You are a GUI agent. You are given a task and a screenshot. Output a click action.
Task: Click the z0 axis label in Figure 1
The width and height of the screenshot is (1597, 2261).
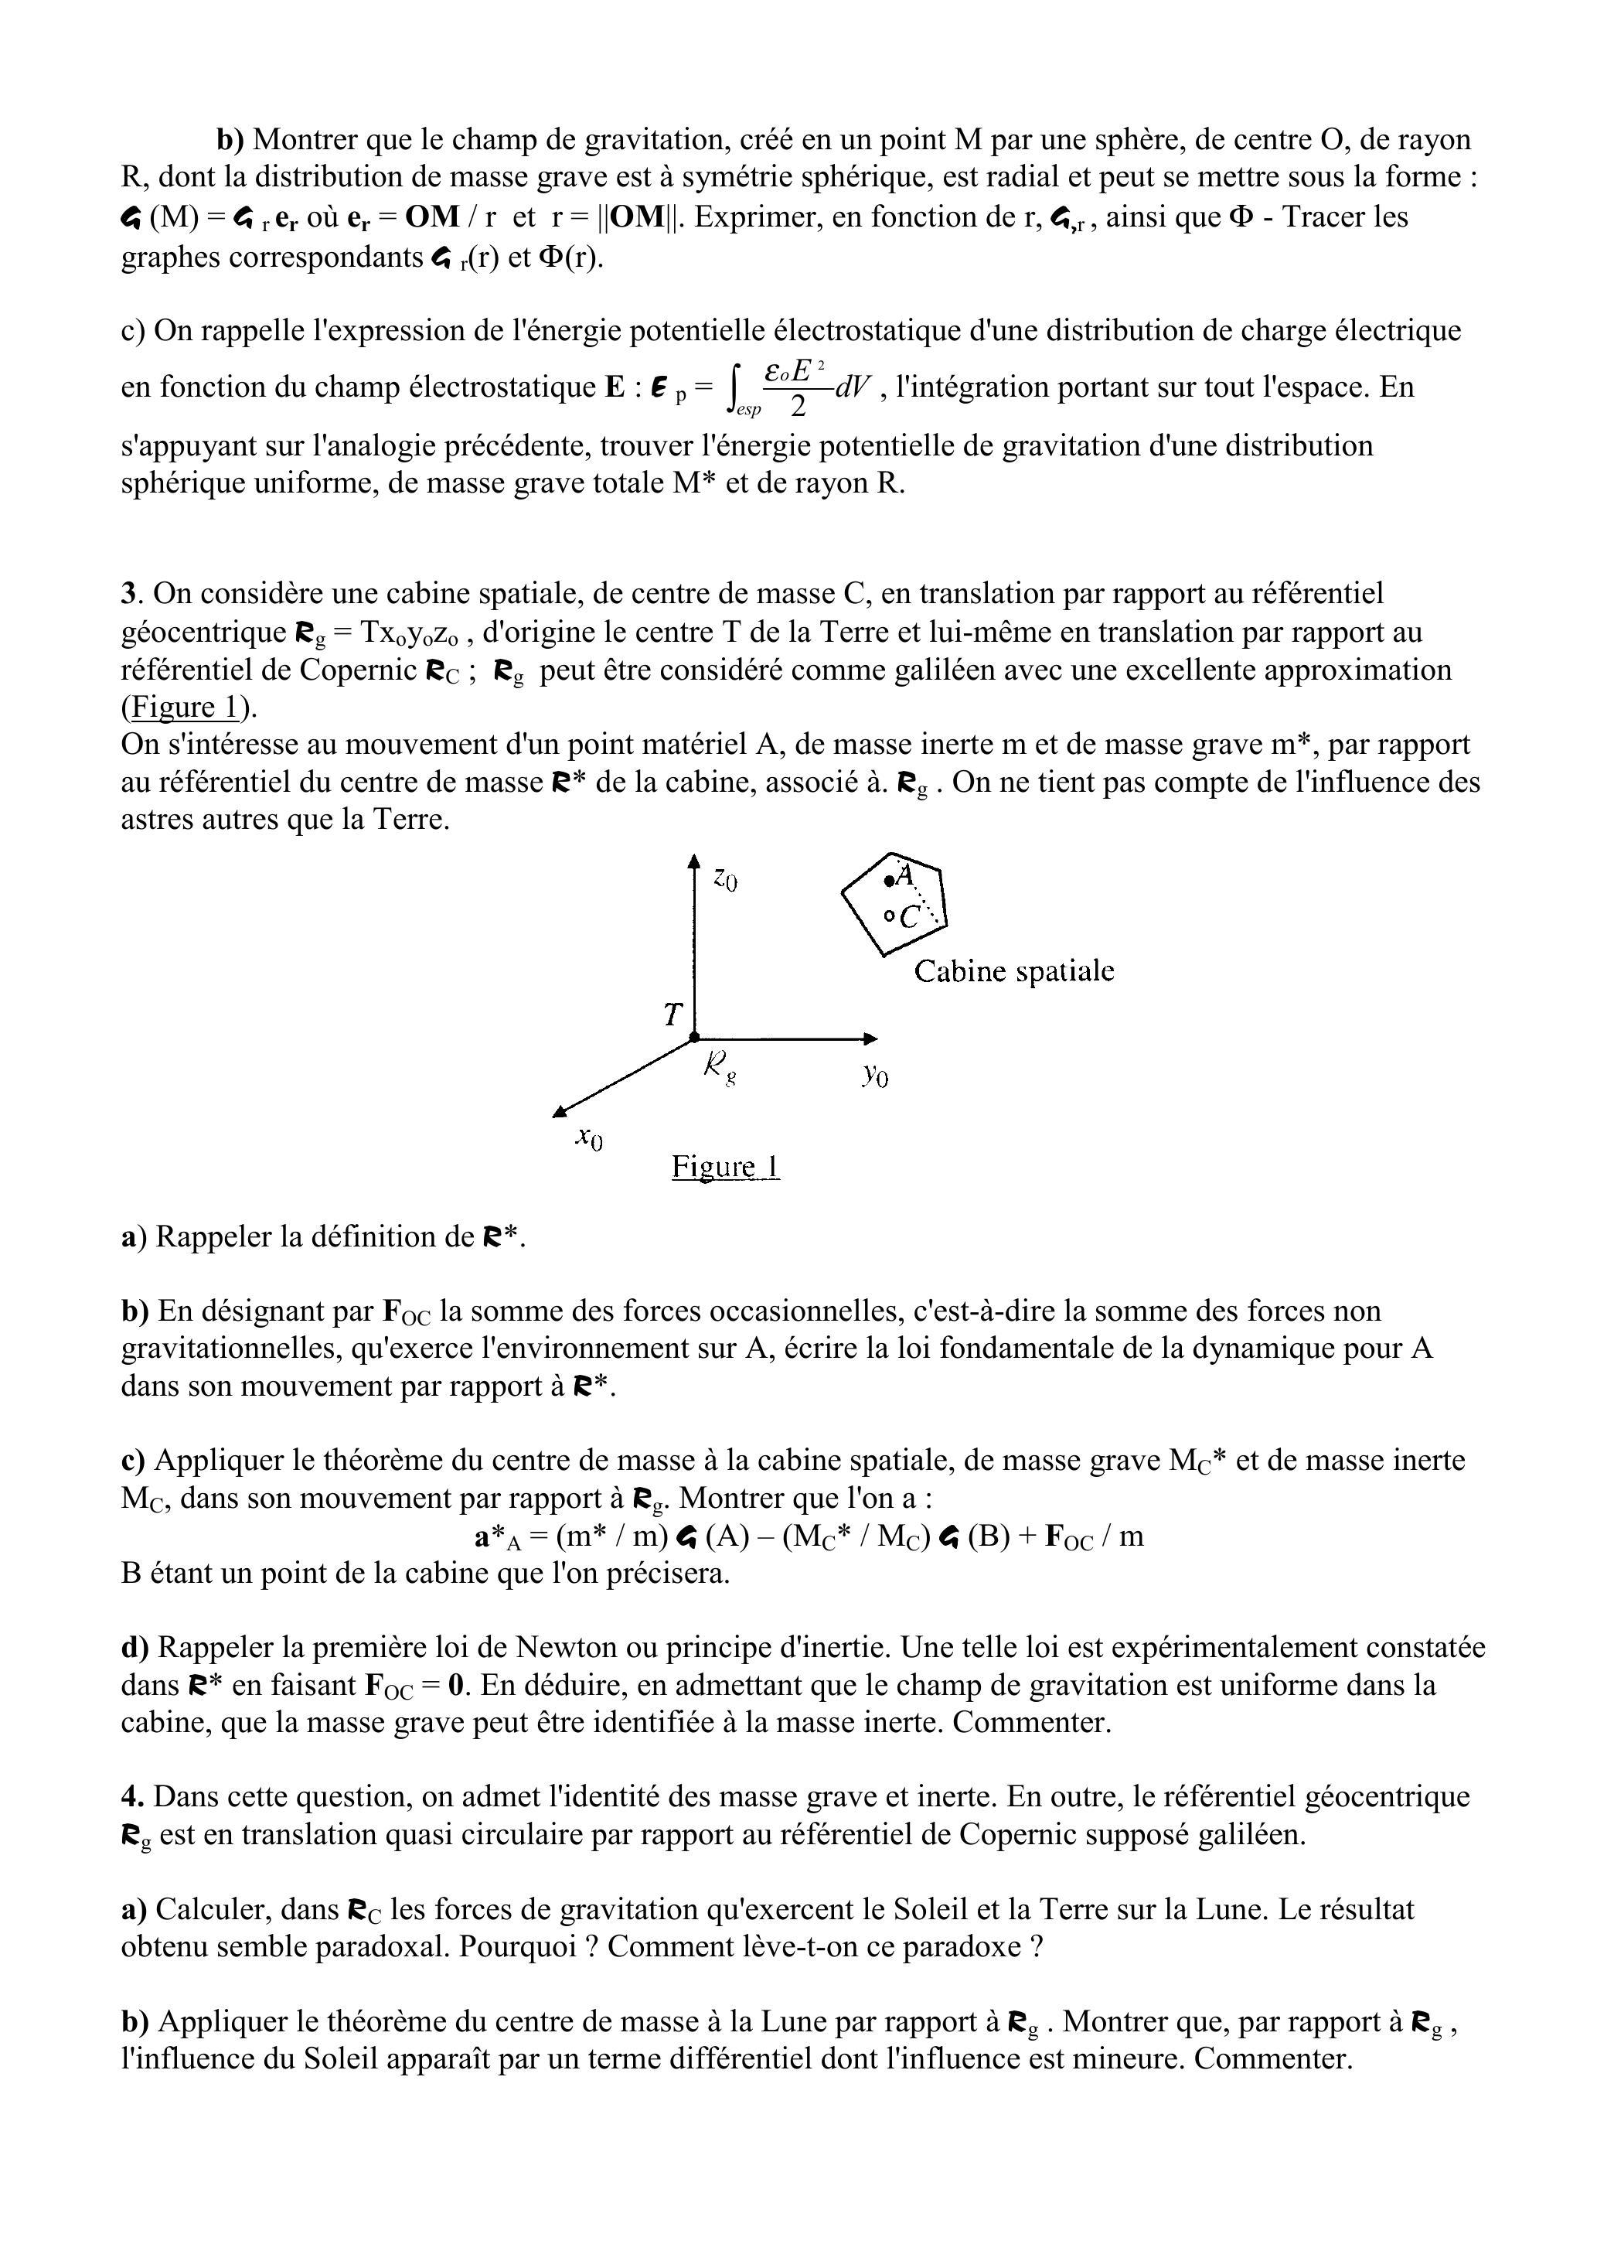[x=726, y=878]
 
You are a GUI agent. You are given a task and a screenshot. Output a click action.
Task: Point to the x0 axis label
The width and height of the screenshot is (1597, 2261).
[x=590, y=1138]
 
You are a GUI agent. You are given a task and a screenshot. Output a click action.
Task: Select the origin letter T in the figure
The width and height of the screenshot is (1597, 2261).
[x=673, y=1015]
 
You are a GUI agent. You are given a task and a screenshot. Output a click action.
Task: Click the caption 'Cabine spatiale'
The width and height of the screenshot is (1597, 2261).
[x=1014, y=972]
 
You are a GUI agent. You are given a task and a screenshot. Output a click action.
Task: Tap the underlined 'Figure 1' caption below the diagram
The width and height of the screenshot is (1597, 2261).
[x=726, y=1167]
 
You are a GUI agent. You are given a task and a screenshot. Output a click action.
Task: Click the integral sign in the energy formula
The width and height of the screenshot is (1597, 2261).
[x=734, y=387]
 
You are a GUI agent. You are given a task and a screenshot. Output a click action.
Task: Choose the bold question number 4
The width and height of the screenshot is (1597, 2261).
[x=129, y=1797]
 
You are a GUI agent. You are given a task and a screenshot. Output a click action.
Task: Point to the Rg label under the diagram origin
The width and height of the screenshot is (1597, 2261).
[x=720, y=1066]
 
